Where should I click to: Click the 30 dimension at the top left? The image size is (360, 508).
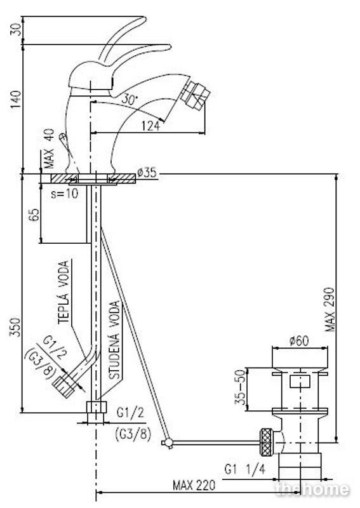tap(18, 30)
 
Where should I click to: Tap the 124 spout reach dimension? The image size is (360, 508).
tap(150, 126)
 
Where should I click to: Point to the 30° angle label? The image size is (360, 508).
tap(130, 100)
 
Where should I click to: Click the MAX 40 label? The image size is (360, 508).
tap(50, 149)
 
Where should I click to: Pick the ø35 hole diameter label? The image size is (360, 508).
tap(147, 173)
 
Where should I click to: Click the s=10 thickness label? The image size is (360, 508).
tap(65, 194)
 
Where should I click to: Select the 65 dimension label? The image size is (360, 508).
tap(34, 215)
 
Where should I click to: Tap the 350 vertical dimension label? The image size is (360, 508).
tap(15, 327)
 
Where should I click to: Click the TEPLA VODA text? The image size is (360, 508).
tap(64, 292)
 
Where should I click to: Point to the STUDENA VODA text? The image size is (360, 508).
tap(114, 340)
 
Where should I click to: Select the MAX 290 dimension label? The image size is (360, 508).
tap(330, 309)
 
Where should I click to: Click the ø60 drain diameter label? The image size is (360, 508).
tap(299, 341)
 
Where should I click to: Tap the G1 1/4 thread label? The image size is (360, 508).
tap(245, 469)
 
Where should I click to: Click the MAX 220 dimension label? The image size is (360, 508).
tap(194, 485)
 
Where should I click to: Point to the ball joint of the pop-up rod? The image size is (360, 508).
tap(168, 442)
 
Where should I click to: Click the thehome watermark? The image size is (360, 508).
tap(312, 489)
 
